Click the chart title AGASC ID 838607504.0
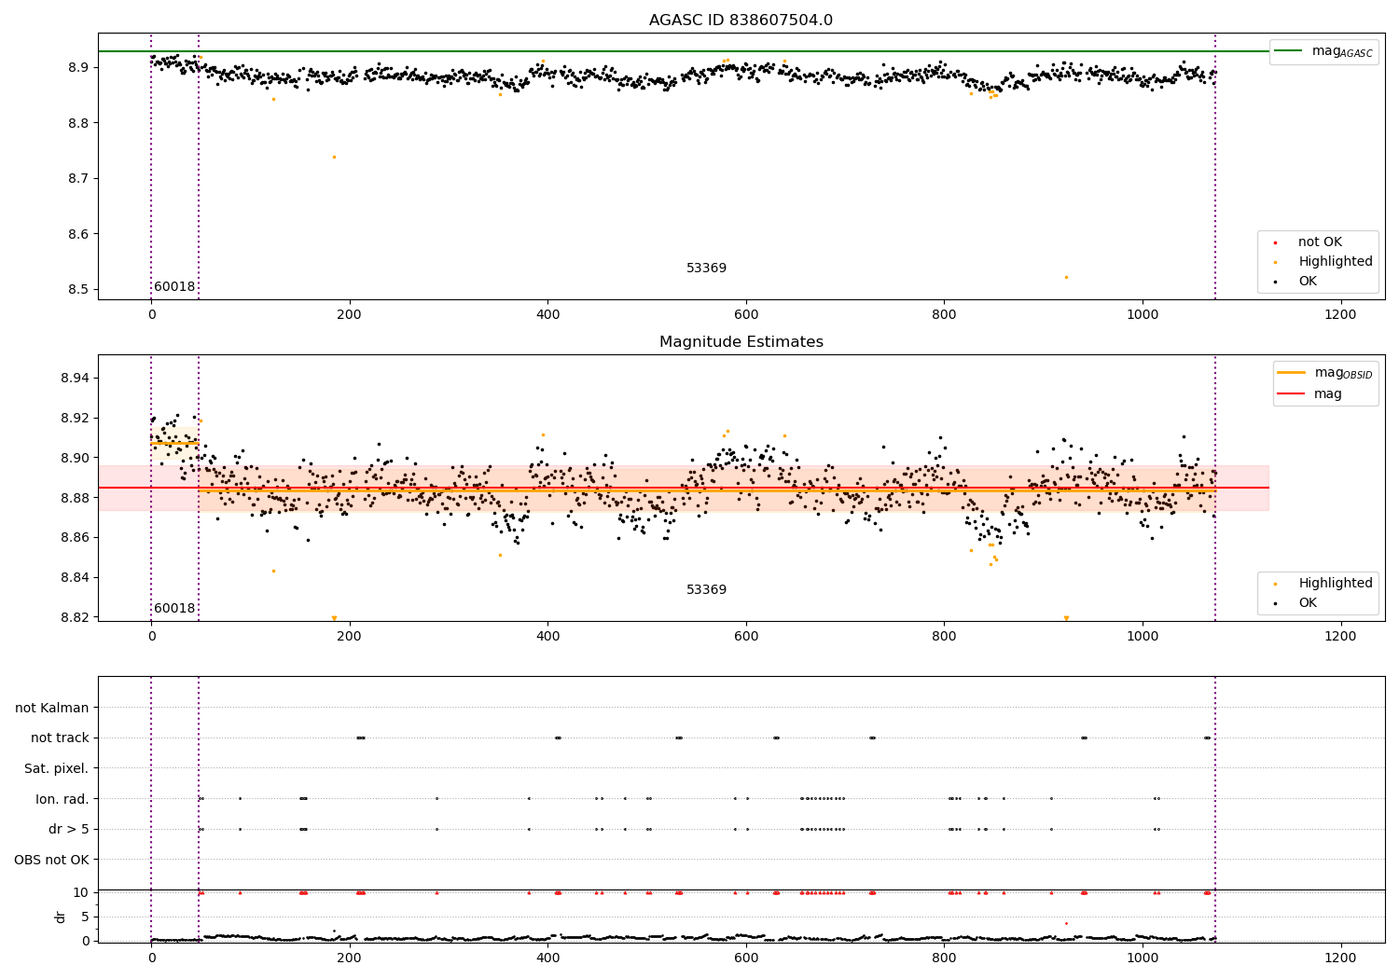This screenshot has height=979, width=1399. point(741,21)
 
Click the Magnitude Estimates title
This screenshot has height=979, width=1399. point(741,342)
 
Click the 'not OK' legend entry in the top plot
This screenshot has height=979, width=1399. point(1320,242)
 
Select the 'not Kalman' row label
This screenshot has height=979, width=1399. point(52,708)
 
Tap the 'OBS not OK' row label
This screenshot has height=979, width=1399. point(51,860)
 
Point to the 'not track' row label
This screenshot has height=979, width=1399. point(60,738)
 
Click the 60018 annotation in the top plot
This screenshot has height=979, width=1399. point(174,287)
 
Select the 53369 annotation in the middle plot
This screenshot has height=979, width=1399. point(706,590)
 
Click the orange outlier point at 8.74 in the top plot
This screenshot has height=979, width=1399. point(334,157)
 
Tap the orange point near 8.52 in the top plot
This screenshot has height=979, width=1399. point(1066,277)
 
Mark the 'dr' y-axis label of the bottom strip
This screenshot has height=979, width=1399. point(61,917)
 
